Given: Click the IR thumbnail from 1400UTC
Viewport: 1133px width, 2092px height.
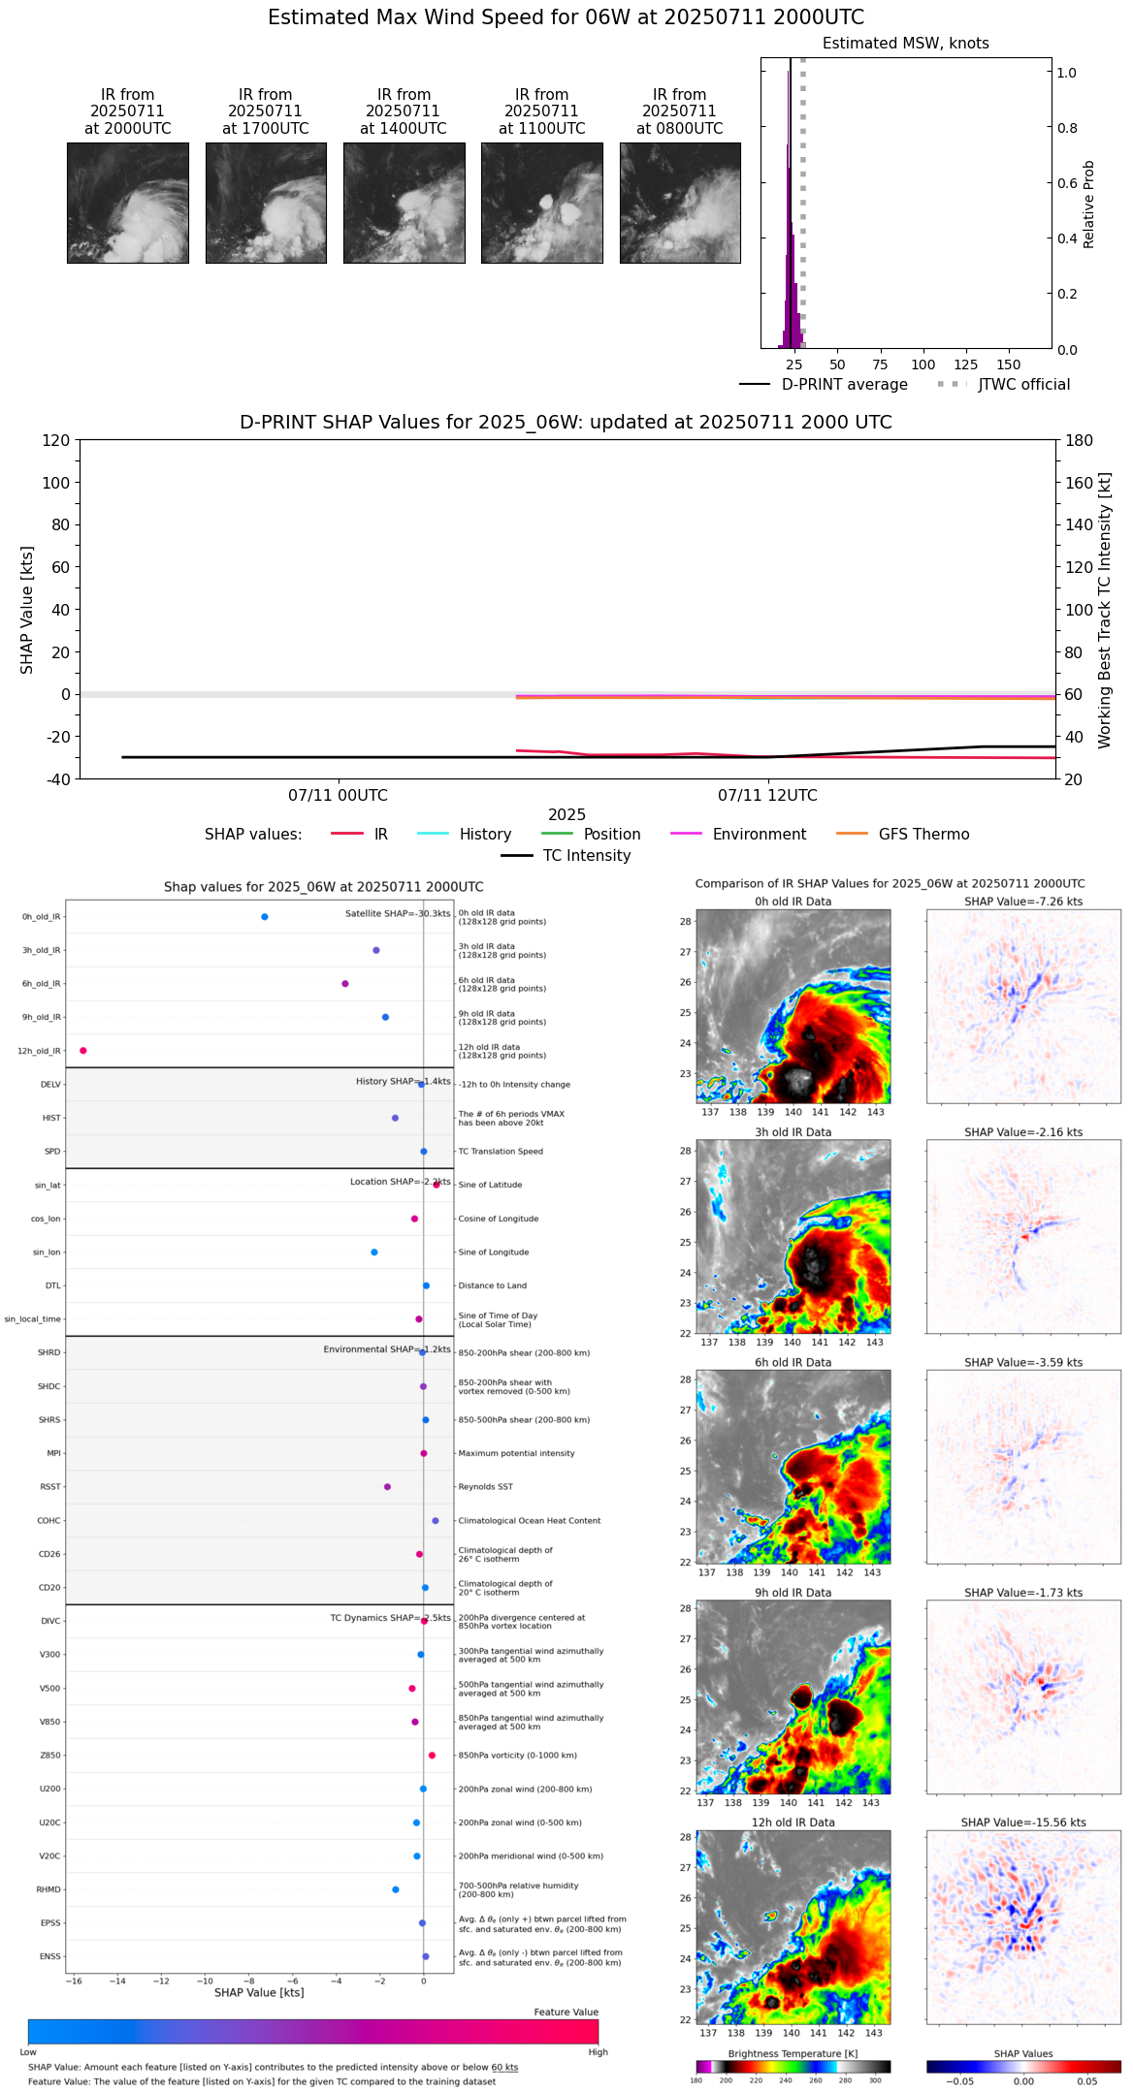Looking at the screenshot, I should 404,203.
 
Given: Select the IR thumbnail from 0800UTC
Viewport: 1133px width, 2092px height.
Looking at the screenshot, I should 680,203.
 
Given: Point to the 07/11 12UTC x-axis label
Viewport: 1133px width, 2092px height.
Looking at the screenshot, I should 767,796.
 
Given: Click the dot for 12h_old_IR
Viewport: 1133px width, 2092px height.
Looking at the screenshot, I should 83,1051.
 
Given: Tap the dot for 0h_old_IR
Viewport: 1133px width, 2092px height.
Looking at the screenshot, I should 265,917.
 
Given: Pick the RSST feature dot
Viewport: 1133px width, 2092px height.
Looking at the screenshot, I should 387,1487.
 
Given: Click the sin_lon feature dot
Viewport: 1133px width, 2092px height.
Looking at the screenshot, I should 374,1252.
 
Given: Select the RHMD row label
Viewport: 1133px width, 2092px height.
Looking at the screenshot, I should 49,1889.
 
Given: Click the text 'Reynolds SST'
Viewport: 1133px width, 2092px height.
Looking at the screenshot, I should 485,1487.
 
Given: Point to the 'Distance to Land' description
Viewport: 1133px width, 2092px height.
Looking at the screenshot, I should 492,1286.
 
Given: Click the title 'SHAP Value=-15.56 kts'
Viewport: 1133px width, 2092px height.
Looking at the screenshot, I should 1023,1823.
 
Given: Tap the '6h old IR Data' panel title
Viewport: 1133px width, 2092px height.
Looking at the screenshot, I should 793,1362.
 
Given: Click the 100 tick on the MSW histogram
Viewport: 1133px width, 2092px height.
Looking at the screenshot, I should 923,365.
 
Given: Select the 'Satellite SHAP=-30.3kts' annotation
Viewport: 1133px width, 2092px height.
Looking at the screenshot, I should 398,913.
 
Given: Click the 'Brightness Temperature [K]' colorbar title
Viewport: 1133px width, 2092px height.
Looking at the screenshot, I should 793,2053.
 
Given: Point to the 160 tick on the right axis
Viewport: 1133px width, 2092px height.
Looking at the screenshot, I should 1080,483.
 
